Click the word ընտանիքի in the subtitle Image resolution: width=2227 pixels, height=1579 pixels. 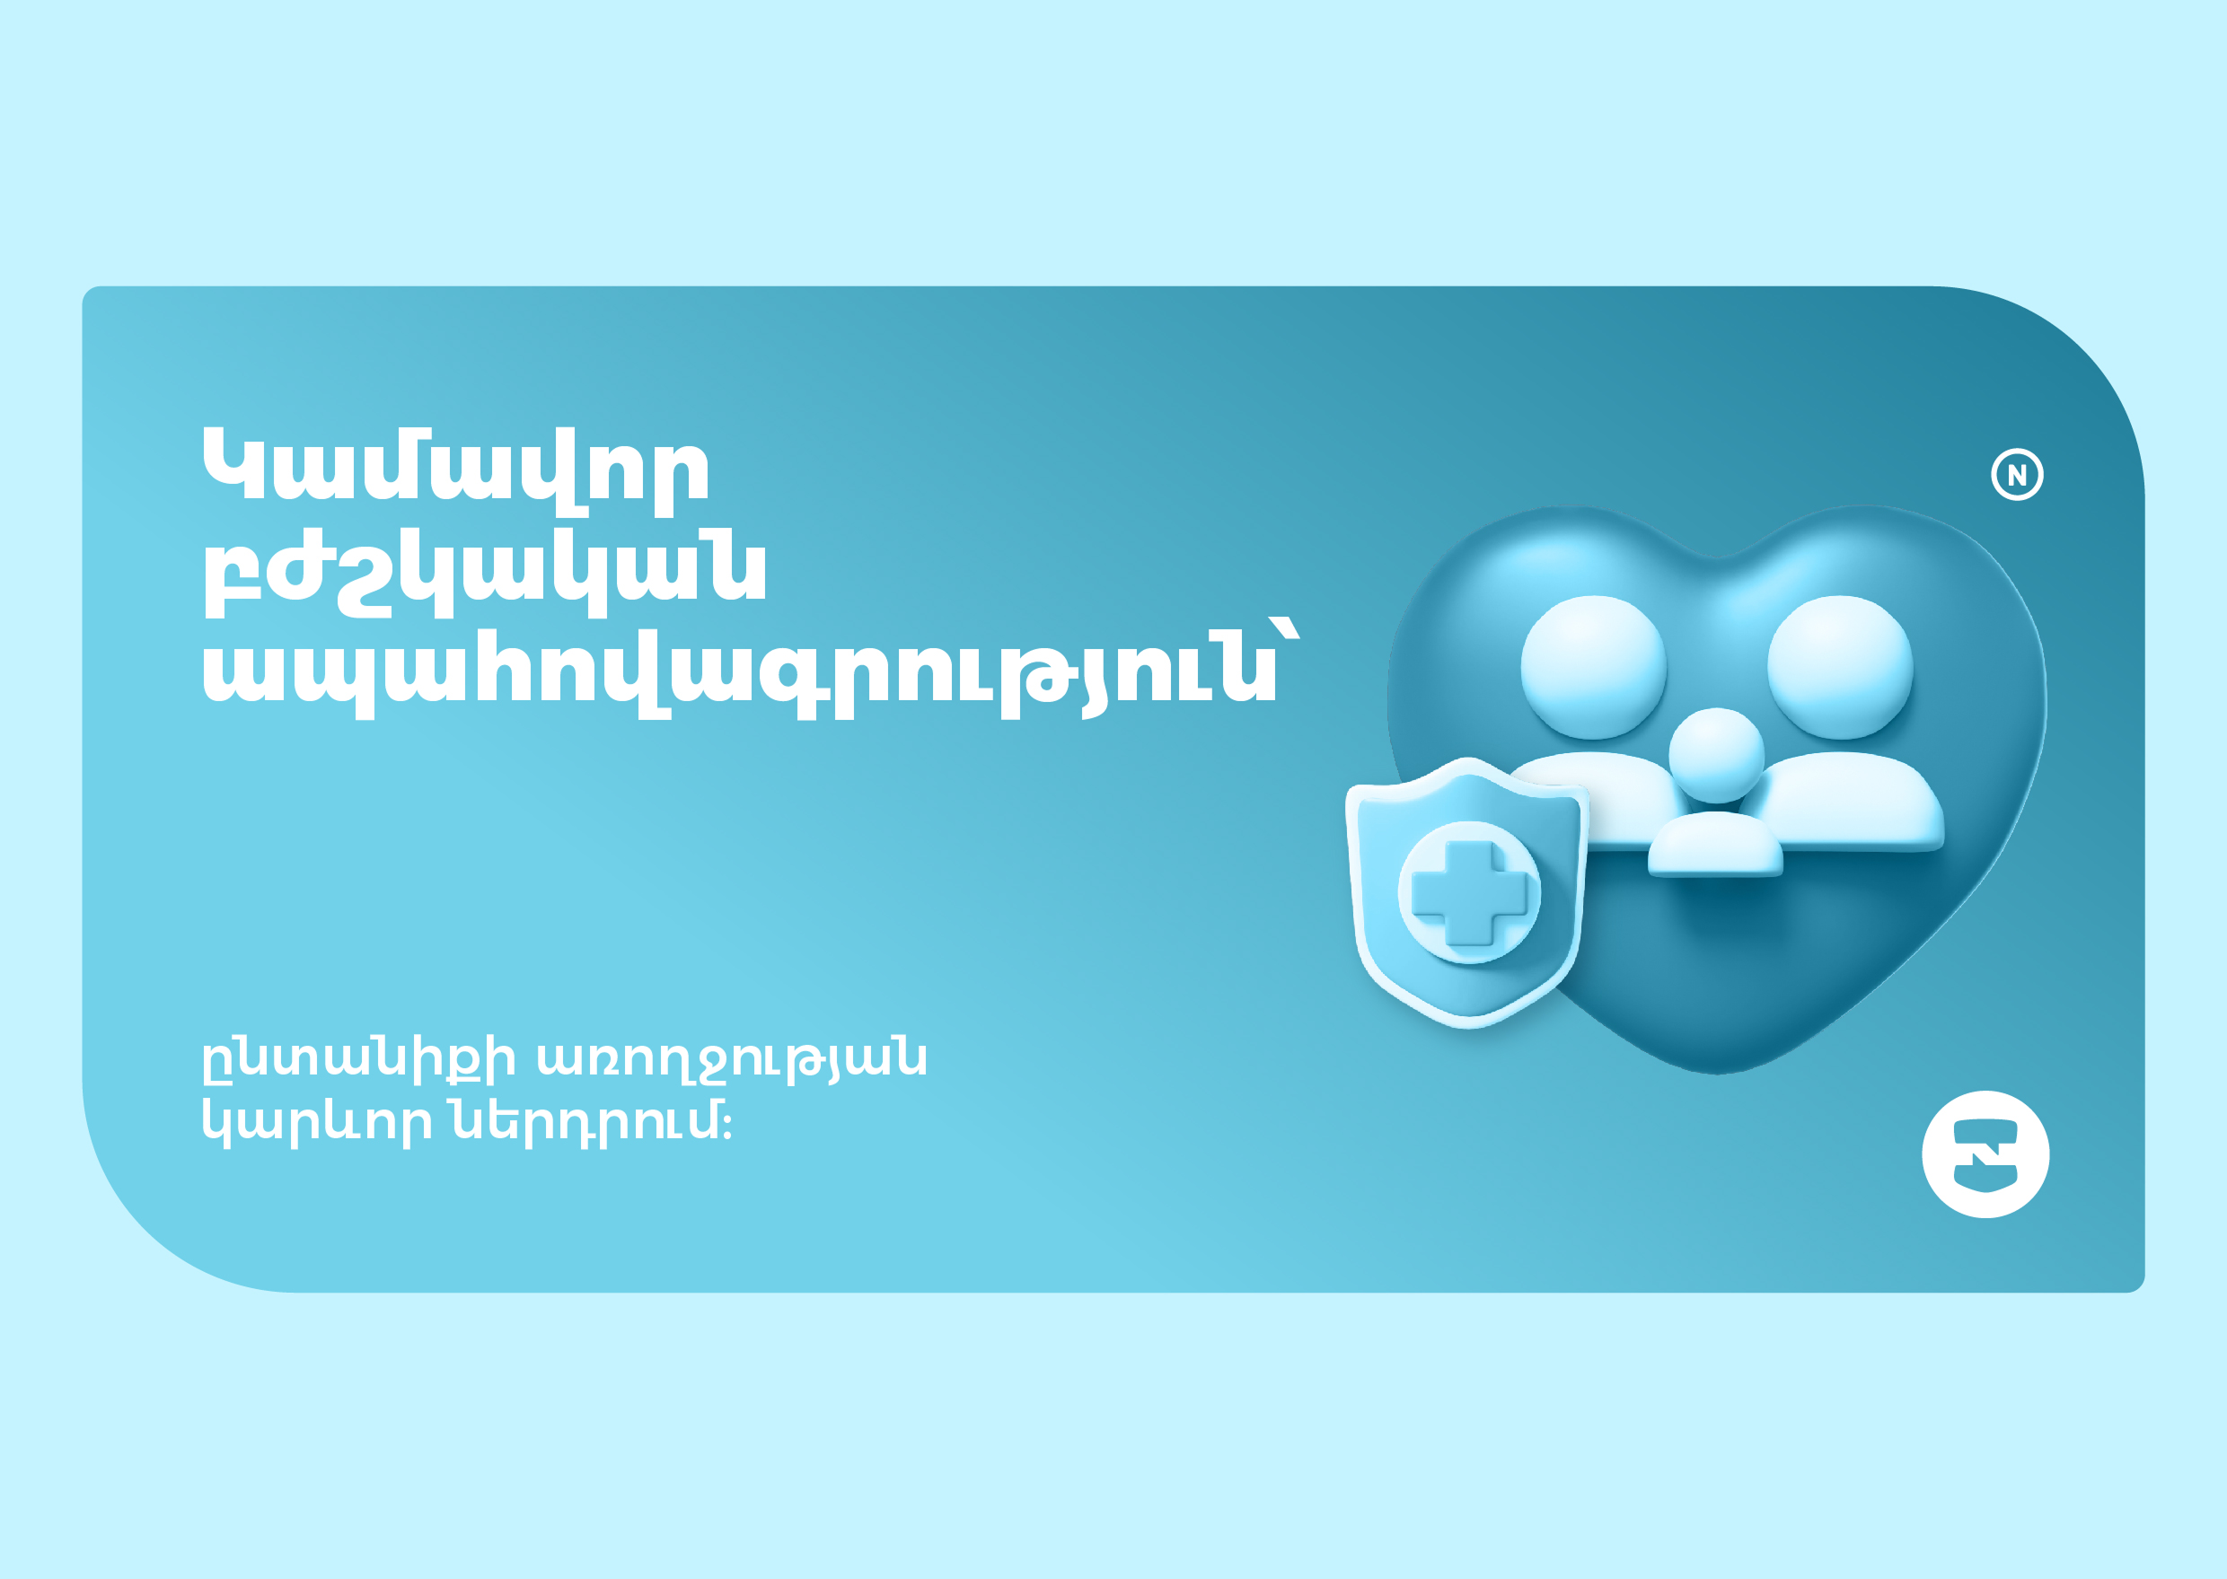coord(358,1060)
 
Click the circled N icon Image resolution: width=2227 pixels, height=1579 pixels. coord(2017,476)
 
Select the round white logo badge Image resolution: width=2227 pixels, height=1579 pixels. coord(1985,1154)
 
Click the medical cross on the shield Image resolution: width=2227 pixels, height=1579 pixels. coord(1468,892)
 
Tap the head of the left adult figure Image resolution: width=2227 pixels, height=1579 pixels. coord(1593,667)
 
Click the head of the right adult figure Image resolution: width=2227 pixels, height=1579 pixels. coord(1840,667)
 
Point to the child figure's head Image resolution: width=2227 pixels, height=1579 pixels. coord(1716,756)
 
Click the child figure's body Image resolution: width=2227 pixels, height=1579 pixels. coord(1714,843)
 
